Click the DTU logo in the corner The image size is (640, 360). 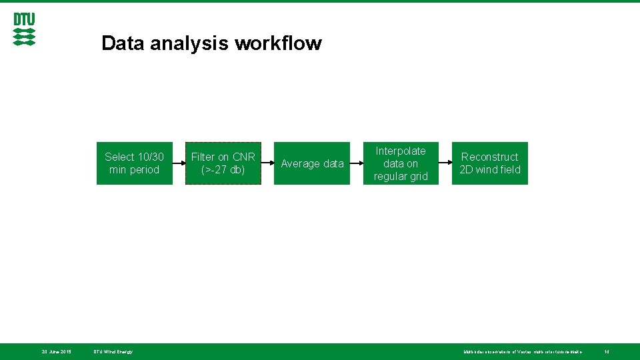click(24, 29)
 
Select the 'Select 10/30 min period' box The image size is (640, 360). click(134, 163)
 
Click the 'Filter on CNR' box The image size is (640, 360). click(223, 163)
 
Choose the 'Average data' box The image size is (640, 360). click(312, 163)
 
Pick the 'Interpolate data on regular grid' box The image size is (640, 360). click(401, 163)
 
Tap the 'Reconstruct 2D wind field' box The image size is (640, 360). click(489, 163)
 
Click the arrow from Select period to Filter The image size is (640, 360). click(178, 163)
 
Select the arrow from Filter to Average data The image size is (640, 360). click(267, 163)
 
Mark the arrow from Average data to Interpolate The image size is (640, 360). click(356, 163)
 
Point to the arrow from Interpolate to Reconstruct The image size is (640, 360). click(445, 163)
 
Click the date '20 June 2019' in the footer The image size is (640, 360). click(57, 351)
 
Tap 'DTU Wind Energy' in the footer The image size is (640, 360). click(113, 351)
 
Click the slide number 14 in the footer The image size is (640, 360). click(607, 351)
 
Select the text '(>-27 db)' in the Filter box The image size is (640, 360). click(223, 170)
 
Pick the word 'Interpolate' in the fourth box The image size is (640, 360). click(401, 151)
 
